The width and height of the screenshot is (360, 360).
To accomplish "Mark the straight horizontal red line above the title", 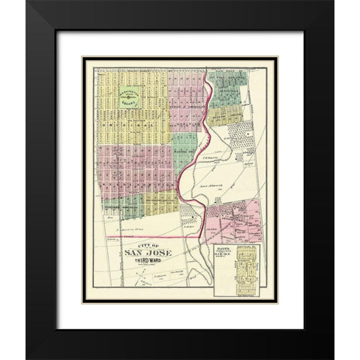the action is coord(150,235).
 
